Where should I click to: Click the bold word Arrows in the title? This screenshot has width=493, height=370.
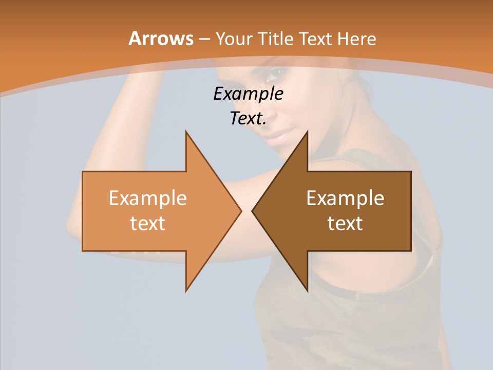tap(160, 39)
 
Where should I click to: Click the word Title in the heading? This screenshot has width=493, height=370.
tap(275, 39)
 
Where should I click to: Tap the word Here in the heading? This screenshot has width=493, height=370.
tap(356, 39)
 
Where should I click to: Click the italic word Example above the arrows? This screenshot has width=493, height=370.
tap(248, 94)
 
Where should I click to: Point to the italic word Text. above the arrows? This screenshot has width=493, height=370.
tap(248, 119)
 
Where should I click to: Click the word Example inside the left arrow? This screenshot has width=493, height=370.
tap(148, 198)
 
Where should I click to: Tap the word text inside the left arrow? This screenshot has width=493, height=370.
tap(148, 224)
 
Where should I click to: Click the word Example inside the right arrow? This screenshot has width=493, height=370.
tap(345, 198)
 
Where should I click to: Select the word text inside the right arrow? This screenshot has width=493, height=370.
tap(345, 224)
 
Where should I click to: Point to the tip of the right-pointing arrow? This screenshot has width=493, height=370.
tap(241, 211)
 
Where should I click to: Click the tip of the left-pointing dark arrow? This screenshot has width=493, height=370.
tap(253, 211)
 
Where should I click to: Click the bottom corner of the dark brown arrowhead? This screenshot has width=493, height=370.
tap(307, 290)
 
